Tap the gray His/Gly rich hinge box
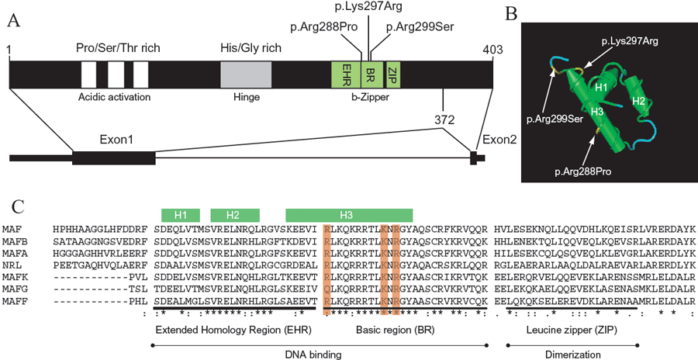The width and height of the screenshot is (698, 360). [x=246, y=75]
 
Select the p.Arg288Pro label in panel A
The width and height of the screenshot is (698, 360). [x=323, y=28]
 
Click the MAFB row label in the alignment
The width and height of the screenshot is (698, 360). [x=15, y=241]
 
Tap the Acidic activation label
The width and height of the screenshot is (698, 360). [x=115, y=97]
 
